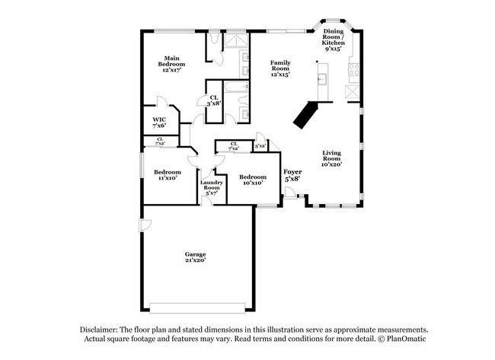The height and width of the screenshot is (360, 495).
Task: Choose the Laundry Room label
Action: click(211, 187)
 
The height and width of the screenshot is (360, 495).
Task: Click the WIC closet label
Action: click(159, 122)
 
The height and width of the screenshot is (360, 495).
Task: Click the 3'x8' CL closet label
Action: click(216, 100)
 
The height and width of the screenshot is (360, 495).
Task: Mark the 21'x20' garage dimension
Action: click(195, 260)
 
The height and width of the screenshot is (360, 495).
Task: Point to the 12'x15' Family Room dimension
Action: click(280, 75)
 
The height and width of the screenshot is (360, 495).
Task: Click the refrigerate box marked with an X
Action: click(353, 92)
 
